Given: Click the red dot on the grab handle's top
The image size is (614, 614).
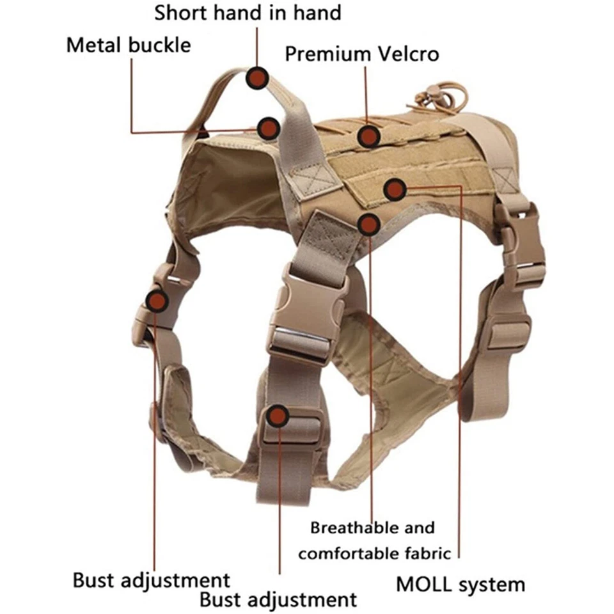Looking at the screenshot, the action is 258,78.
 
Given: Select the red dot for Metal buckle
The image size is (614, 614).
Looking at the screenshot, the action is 268,129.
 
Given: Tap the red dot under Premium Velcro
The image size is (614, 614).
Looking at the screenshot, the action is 368,136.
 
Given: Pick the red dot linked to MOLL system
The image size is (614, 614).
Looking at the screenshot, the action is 395,189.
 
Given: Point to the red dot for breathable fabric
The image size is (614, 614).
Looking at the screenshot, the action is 369,224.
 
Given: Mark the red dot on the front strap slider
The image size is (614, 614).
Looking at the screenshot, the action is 278,416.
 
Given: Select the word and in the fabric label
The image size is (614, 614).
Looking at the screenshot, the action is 419,528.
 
